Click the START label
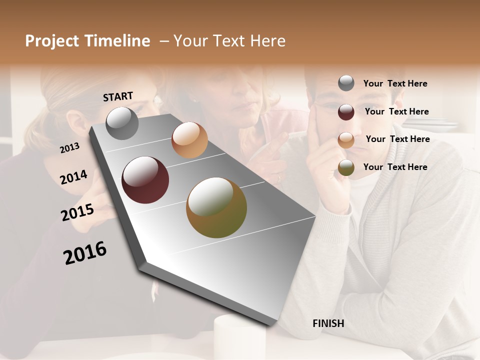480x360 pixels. coord(118,96)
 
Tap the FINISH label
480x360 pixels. coord(328,323)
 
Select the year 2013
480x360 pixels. coord(70,147)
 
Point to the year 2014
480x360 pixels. coord(73,177)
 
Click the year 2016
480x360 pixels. coord(85,252)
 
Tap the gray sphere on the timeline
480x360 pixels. coord(122,123)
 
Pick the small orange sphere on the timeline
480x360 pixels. coord(189,140)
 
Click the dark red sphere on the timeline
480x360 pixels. coord(145,180)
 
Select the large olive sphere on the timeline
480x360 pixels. coord(216,207)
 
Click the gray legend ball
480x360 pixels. coord(346,83)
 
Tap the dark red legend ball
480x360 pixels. coord(346,112)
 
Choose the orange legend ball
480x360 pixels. coord(346,140)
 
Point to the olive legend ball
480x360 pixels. coord(346,168)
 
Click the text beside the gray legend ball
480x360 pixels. coord(395,83)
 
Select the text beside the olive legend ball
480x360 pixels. coord(395,167)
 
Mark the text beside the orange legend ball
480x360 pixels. coord(397,139)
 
